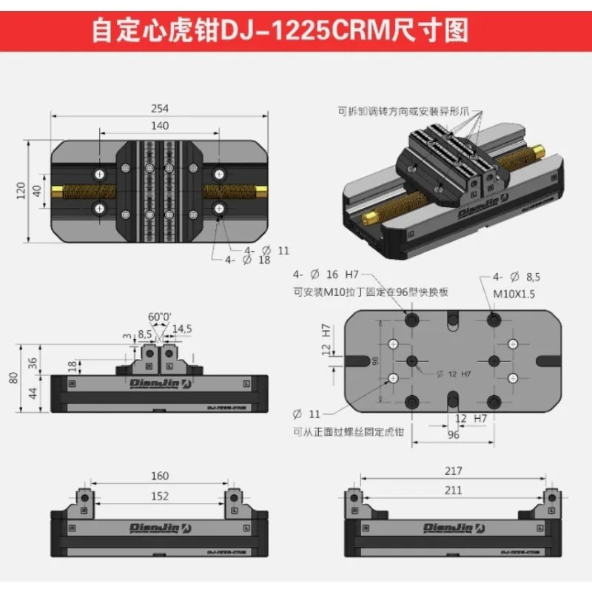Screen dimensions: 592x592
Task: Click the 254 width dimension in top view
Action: tap(160, 109)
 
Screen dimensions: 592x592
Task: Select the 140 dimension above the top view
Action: tap(159, 126)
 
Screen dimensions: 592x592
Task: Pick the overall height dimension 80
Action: tap(13, 377)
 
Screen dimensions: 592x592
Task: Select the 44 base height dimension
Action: tap(32, 393)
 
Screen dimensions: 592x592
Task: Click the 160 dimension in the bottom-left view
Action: tap(159, 476)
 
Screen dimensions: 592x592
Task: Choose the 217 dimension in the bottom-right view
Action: tap(454, 471)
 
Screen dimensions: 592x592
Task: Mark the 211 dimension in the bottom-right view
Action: tap(454, 489)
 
